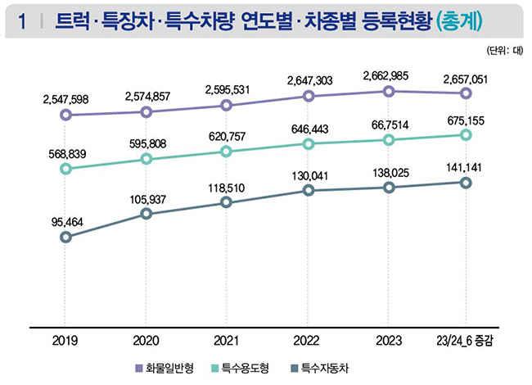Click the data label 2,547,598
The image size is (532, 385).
pyautogui.click(x=65, y=100)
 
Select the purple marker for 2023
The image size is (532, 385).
pyautogui.click(x=389, y=91)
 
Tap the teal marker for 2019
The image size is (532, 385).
pyautogui.click(x=65, y=170)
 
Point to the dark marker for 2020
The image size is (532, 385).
pyautogui.click(x=146, y=214)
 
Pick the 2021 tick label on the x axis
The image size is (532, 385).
pyautogui.click(x=227, y=340)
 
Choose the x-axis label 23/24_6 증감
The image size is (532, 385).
pyautogui.click(x=465, y=340)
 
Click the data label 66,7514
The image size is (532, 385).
pyautogui.click(x=389, y=123)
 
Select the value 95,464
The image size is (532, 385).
pyautogui.click(x=65, y=221)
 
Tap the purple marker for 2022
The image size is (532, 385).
pyautogui.click(x=308, y=96)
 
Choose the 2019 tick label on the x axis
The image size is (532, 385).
pyautogui.click(x=65, y=340)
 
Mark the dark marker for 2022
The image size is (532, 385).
pyautogui.click(x=308, y=191)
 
